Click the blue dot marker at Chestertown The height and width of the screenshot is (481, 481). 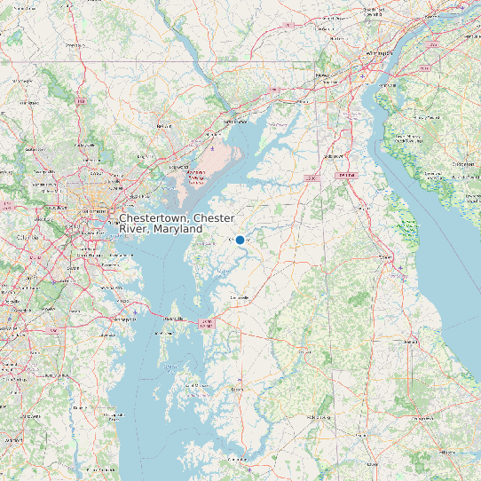click(240, 240)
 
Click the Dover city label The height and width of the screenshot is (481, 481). click(388, 257)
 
